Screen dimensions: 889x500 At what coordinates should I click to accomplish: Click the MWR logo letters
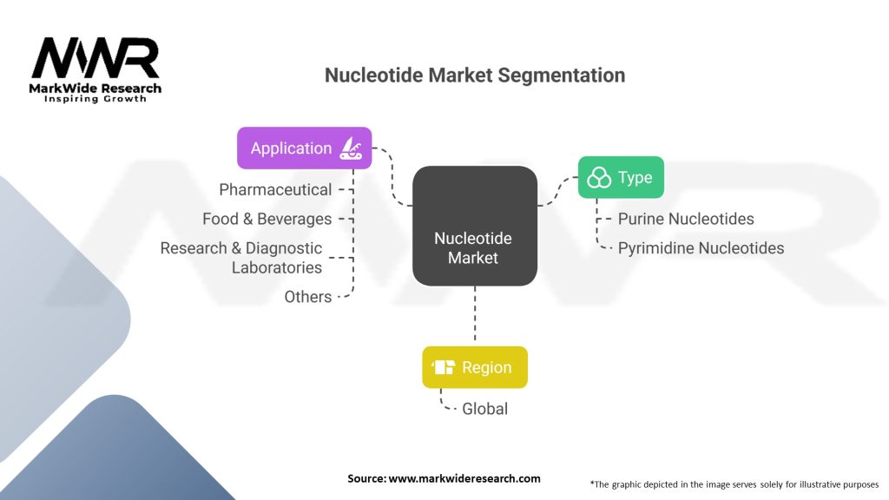[95, 58]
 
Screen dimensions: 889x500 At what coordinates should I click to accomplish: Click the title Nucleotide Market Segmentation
[475, 76]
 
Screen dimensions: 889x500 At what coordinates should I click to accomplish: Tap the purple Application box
[305, 148]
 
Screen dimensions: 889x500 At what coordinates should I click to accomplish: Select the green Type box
[621, 177]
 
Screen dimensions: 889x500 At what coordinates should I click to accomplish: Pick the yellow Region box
[475, 367]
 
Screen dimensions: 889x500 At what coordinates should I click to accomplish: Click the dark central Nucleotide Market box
[475, 226]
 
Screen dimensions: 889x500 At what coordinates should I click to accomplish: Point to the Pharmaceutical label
[275, 190]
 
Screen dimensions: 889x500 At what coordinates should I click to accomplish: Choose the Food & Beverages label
[267, 219]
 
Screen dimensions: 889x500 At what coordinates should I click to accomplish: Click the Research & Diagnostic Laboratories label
[241, 258]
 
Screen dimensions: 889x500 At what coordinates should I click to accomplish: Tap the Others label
[308, 297]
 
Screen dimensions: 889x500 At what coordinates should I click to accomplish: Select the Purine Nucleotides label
[686, 219]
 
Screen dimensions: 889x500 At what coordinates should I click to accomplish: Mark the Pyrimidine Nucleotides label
[701, 248]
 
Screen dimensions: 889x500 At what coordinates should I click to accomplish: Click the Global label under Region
[484, 409]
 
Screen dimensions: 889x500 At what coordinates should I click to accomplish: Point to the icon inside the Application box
[351, 148]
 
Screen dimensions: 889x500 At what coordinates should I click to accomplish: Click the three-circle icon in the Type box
[599, 177]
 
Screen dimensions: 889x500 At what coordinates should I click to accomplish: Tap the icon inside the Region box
[444, 367]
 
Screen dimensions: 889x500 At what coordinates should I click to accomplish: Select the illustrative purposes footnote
[734, 484]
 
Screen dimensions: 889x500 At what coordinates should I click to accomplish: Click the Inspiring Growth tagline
[95, 99]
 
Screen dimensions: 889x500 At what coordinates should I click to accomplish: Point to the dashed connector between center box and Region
[475, 313]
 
